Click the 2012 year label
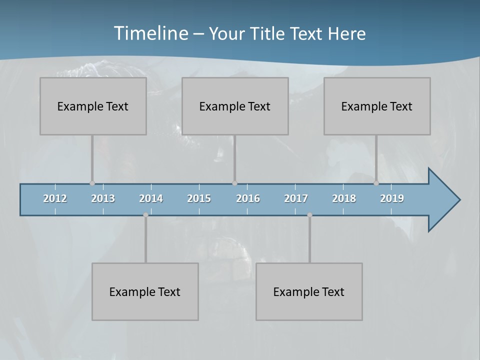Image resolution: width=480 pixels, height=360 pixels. coord(55,198)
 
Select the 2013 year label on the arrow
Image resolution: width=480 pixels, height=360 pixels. coord(103,198)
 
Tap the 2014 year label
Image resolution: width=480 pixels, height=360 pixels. coord(151,198)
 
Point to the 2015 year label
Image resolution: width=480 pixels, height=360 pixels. coord(199,198)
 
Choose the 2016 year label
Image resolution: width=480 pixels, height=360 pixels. coord(248,198)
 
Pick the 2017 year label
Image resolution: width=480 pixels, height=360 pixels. coord(296,198)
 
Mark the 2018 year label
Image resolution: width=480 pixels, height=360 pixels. coord(344,198)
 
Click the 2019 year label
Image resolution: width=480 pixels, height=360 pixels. coord(392,198)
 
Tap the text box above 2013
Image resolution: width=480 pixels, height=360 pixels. coord(93,106)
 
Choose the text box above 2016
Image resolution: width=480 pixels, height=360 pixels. coord(235,106)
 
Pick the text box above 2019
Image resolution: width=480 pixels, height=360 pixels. coord(377,106)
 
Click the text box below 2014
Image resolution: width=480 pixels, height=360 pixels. coord(145,291)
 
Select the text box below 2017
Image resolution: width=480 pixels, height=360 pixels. coord(309,291)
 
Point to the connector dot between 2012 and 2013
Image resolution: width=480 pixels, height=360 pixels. coord(92,183)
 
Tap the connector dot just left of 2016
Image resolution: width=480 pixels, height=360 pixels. coord(234,183)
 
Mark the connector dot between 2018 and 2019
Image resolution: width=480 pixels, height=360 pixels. coord(376,183)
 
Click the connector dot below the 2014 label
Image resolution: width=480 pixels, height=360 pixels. coord(145,215)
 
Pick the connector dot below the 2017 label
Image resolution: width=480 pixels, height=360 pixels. coord(309,215)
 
